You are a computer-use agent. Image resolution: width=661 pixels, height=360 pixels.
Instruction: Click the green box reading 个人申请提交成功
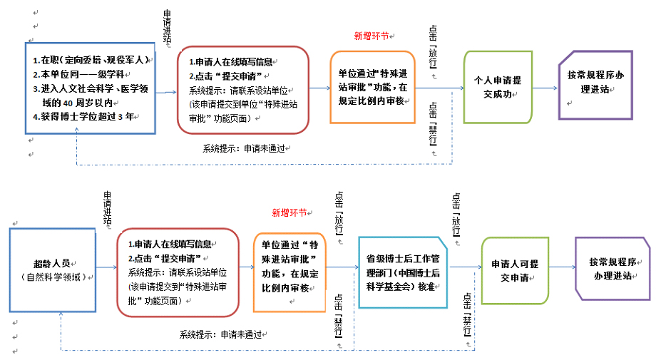[498, 86]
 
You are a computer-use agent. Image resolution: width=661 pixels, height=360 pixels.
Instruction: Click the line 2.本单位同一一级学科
[78, 74]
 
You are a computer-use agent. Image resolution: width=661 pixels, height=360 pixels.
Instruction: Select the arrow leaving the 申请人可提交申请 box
[563, 267]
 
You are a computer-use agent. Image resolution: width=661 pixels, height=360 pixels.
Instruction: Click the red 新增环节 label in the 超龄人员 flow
[289, 212]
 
